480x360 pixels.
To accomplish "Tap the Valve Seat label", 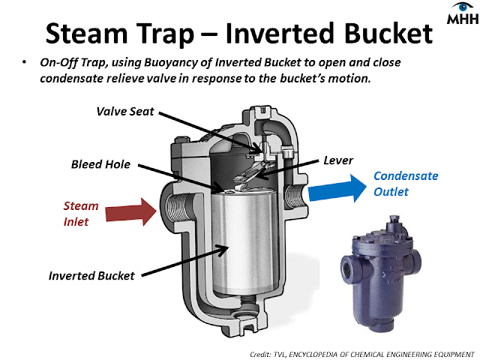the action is (x=126, y=112).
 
